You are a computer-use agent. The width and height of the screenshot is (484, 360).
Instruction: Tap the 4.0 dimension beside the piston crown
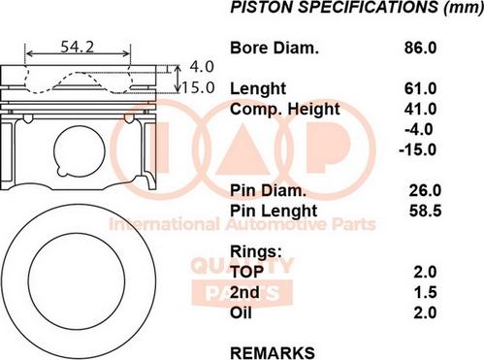click(x=202, y=67)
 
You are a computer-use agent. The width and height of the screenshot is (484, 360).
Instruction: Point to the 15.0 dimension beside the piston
click(x=198, y=87)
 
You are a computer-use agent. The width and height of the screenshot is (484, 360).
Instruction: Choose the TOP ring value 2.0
click(x=424, y=272)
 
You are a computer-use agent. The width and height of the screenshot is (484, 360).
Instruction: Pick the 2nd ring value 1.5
click(x=424, y=292)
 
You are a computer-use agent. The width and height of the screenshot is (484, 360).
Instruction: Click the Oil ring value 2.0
click(x=424, y=312)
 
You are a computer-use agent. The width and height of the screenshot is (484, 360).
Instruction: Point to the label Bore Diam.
click(x=274, y=47)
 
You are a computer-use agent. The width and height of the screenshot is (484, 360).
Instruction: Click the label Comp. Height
click(x=285, y=109)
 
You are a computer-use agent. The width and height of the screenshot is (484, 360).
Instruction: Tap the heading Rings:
click(x=255, y=251)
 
